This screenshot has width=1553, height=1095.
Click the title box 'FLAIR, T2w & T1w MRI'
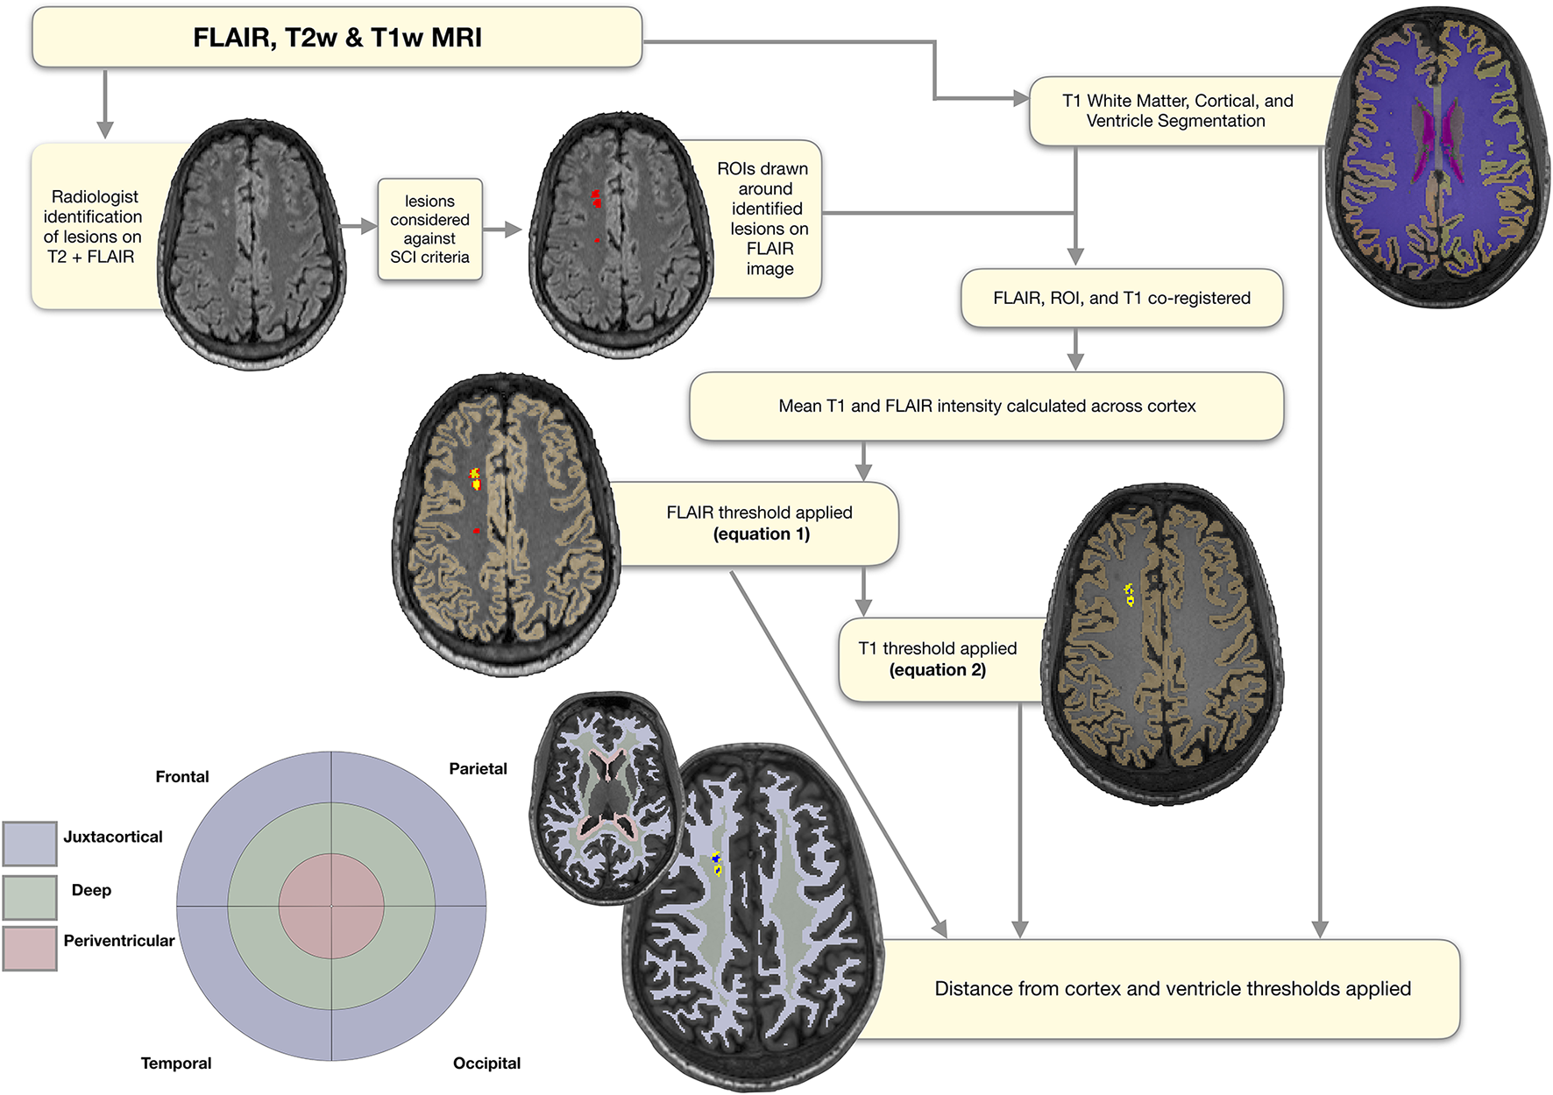[x=337, y=38]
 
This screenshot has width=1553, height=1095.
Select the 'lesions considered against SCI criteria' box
[x=429, y=230]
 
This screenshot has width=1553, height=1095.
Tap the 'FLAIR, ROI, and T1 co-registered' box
[x=1121, y=298]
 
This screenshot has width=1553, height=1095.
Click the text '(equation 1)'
[x=761, y=534]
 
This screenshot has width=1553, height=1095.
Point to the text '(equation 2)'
[x=937, y=670]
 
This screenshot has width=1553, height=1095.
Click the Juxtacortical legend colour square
[x=30, y=844]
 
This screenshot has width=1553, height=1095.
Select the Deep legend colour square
[x=30, y=897]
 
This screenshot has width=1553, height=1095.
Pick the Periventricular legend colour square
[x=30, y=949]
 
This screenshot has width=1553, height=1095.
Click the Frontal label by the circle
[x=182, y=777]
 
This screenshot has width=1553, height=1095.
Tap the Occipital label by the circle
[x=486, y=1063]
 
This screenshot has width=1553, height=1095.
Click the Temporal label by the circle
[x=176, y=1063]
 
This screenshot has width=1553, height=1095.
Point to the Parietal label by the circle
[x=478, y=769]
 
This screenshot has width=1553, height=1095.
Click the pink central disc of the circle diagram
[x=331, y=906]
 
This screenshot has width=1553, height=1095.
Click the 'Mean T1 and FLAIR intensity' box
[x=986, y=406]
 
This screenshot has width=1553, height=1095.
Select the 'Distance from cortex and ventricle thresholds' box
[x=1172, y=989]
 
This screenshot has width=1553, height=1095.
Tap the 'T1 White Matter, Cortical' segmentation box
[x=1177, y=111]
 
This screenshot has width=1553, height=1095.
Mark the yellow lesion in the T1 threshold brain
[x=1130, y=595]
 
